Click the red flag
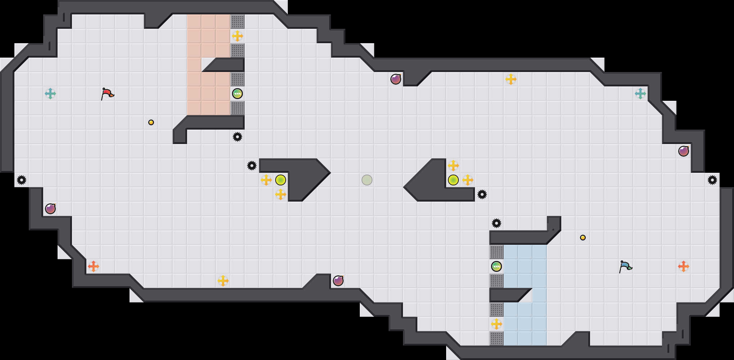point(107,94)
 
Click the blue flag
point(625,266)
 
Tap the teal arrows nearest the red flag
point(50,94)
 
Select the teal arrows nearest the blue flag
point(640,94)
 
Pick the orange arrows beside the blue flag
point(684,266)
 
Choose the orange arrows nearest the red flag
point(94,266)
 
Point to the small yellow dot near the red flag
point(151,122)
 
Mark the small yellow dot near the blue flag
point(583,238)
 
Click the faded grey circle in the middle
point(367,180)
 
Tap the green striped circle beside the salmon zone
point(237,94)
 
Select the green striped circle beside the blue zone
point(497,266)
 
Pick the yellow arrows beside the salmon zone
point(237,36)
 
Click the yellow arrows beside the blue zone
point(497,324)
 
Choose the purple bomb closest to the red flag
point(50,209)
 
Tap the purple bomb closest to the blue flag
point(684,151)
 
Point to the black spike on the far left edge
point(22,180)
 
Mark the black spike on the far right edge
point(712,180)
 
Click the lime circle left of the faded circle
point(281,180)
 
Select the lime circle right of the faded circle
point(453,180)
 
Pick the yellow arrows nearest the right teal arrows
point(511,79)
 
